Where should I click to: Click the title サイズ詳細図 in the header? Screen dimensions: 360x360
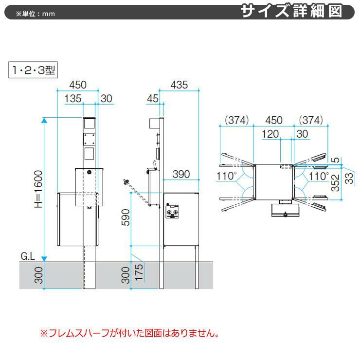coord(291,11)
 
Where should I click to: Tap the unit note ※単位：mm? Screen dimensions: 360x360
coord(36,14)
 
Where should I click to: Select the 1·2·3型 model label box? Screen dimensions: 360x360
coord(33,70)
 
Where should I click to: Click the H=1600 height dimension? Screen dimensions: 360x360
coord(38,189)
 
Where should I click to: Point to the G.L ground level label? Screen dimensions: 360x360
coord(28,256)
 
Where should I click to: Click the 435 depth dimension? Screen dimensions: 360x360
coord(179,85)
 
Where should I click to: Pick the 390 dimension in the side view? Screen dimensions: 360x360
coord(181,174)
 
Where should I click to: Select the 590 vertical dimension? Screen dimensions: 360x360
coord(126,217)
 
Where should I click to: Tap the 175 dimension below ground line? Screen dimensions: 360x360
coord(139,272)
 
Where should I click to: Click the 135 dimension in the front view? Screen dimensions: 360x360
coord(73,99)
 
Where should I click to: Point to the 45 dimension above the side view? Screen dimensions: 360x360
coord(153,99)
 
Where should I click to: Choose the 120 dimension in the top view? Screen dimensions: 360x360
coord(270,134)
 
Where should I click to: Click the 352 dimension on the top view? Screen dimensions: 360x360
coord(336,183)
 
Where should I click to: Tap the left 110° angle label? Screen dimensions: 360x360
coord(226,176)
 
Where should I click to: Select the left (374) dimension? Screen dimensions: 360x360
coord(237,120)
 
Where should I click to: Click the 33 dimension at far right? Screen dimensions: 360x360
coord(349,179)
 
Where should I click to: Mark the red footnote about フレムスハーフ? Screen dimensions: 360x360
coord(130,333)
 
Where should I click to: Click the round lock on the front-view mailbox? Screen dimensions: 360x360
coord(89,172)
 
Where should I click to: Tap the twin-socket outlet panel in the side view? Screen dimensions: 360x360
coord(172,212)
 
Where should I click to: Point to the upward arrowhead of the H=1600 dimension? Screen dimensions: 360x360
coord(44,120)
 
